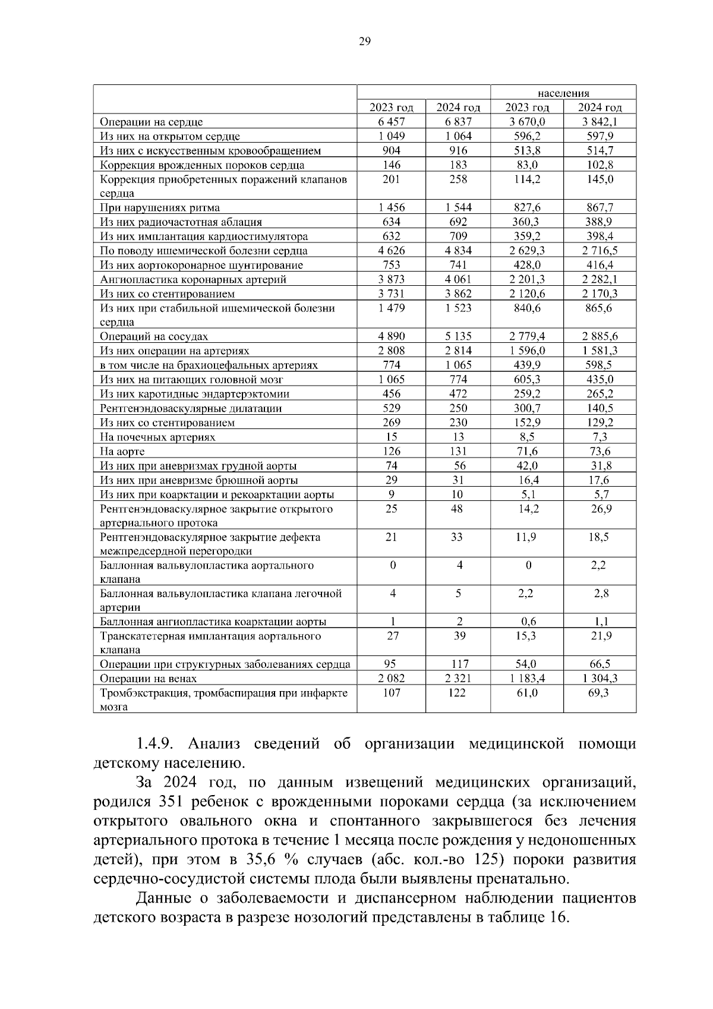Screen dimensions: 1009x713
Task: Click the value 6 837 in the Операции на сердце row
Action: [x=458, y=122]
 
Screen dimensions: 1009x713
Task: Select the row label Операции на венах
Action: [x=148, y=679]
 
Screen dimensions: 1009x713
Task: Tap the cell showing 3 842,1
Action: [x=600, y=122]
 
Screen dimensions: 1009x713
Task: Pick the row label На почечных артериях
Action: [x=157, y=437]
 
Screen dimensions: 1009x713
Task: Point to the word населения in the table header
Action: [x=563, y=93]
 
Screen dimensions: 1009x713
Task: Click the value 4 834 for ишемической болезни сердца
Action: [x=458, y=251]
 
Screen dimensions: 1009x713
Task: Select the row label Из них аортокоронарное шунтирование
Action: [x=201, y=265]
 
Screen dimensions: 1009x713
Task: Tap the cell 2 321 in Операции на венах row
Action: [x=458, y=679]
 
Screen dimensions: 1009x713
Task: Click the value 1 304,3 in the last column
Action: [x=600, y=679]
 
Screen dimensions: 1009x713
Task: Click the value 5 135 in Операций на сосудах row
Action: [x=458, y=336]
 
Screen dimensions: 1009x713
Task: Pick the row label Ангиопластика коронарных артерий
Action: [x=193, y=279]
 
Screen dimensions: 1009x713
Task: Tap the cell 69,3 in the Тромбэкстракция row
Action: [x=600, y=693]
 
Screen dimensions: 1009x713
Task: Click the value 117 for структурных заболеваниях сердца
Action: [x=458, y=664]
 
